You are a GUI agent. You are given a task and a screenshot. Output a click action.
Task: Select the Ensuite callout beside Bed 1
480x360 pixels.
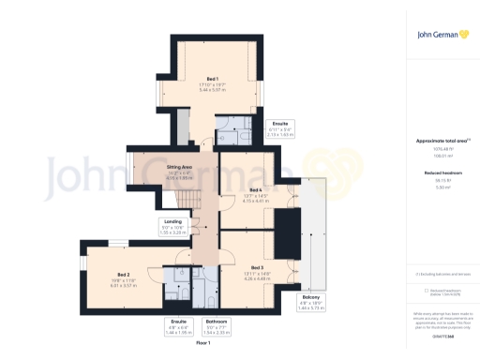pos(279,128)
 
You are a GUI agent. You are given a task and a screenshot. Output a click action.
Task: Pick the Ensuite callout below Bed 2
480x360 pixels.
pos(178,327)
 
